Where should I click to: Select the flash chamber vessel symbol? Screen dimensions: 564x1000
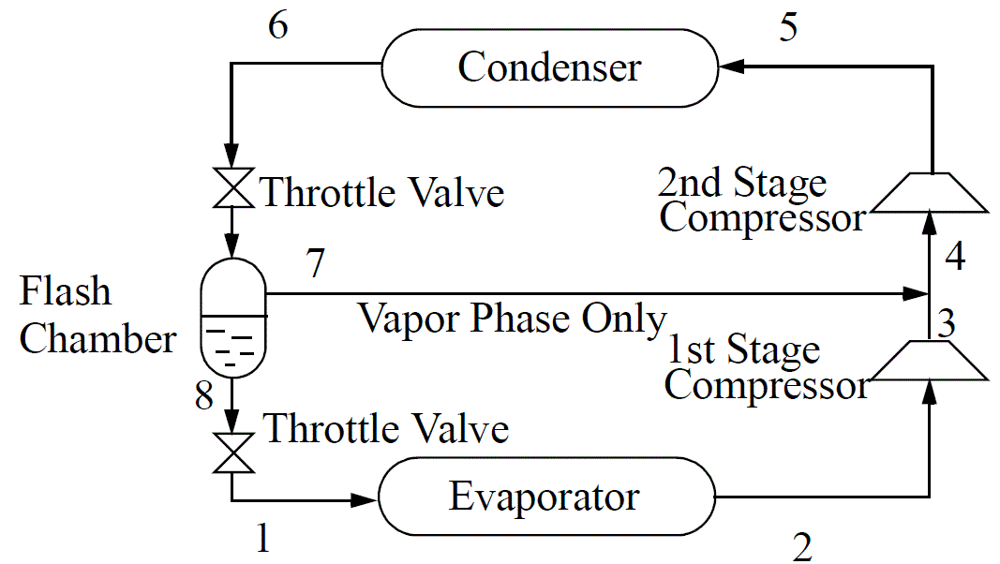pos(233,318)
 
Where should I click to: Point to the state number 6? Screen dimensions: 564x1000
pos(277,25)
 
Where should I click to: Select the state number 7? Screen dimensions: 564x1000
pos(316,265)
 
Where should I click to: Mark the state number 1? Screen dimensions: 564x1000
pos(264,539)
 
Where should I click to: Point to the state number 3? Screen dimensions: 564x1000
pos(947,323)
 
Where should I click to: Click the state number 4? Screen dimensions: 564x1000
pos(954,254)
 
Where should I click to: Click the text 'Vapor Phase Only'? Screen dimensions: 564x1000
pos(512,319)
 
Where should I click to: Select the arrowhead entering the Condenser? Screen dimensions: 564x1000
pos(729,67)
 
